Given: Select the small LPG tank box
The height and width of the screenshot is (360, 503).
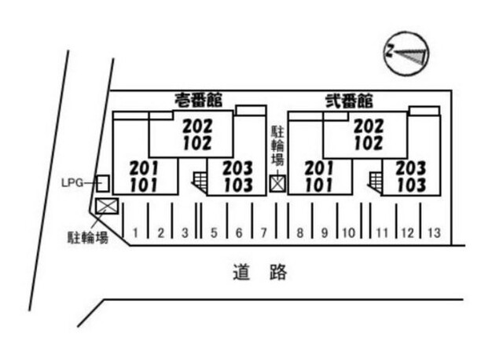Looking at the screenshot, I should pos(102,183).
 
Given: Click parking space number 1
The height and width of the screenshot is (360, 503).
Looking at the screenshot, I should pos(136,233).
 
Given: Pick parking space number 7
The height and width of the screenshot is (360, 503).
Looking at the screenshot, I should pos(264,233).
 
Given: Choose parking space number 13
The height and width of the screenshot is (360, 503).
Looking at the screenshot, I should pos(434,233).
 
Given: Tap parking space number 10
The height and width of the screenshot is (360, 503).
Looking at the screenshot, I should pos(349,233).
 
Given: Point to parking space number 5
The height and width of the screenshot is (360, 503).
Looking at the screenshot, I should pos(214,233).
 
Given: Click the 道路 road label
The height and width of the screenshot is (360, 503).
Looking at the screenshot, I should pos(260,274).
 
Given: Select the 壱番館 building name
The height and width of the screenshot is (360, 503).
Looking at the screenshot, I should pos(198,100).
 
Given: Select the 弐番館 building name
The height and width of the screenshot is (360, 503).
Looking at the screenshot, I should pos(349,101).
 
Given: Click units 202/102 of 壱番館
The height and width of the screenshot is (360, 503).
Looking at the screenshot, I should pos(196,134).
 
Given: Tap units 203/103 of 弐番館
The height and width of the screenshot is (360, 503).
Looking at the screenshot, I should pos(410,177).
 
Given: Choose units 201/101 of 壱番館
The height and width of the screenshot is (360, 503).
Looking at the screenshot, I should pos(143,177).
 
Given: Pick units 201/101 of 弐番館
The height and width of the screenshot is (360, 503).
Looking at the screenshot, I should pos(319,177).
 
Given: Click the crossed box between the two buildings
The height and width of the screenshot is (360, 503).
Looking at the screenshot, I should pos(277,183).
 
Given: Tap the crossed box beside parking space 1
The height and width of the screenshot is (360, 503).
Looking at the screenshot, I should pos(105,206).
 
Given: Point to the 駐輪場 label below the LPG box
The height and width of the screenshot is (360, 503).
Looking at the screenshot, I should pos(86,237).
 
